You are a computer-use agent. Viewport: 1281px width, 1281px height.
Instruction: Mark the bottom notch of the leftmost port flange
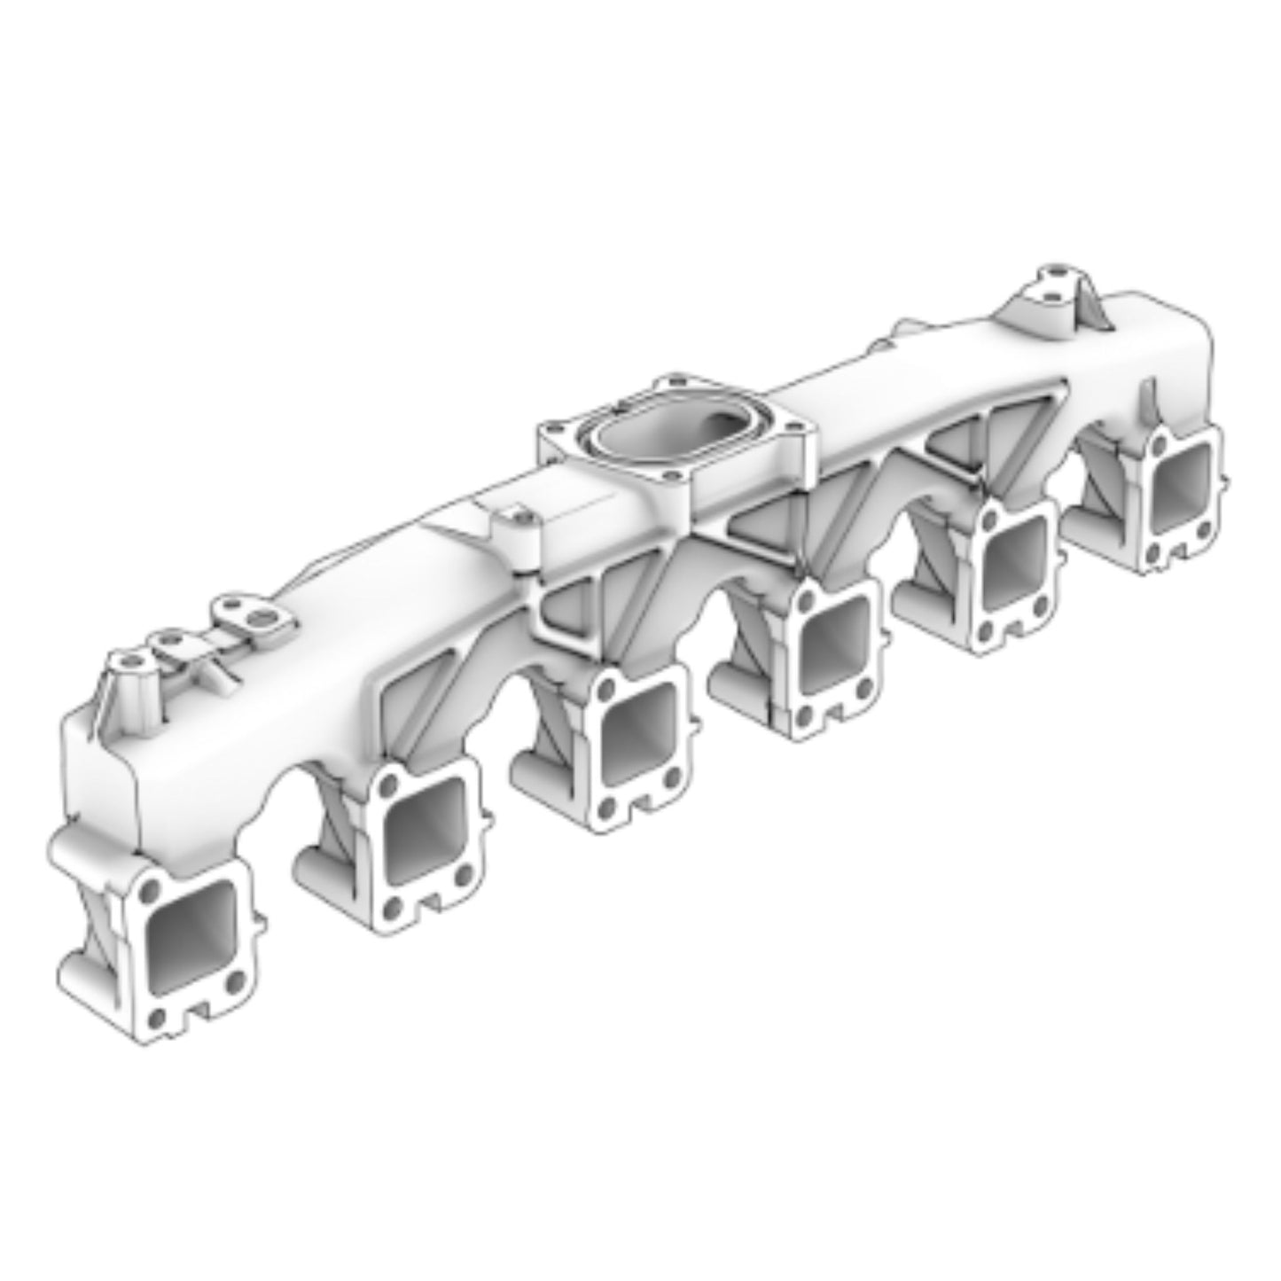point(193,1010)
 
